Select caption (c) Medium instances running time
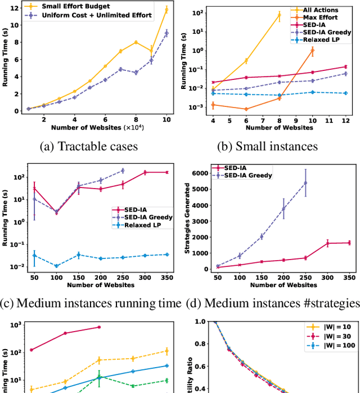[x=91, y=303]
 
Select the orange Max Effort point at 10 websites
[x=312, y=50]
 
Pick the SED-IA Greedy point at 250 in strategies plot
[x=305, y=182]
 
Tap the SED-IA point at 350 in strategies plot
[x=349, y=243]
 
